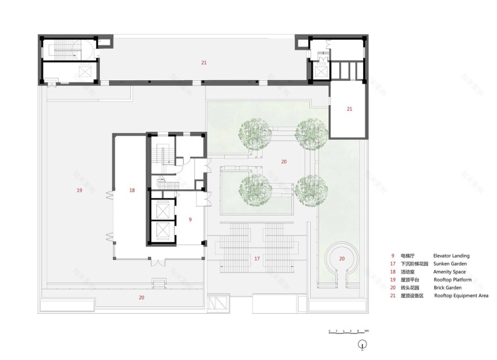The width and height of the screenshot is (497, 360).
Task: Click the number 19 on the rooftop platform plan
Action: click(x=79, y=190)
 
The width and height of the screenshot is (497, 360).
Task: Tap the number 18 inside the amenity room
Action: click(x=132, y=190)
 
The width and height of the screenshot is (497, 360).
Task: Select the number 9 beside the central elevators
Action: click(x=190, y=219)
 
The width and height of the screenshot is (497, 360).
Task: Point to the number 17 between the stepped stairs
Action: click(x=257, y=258)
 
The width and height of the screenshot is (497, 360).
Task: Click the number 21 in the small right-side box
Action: click(x=349, y=109)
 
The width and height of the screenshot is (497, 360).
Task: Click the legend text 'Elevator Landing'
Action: click(x=451, y=256)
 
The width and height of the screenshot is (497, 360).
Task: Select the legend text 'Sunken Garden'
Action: click(x=450, y=264)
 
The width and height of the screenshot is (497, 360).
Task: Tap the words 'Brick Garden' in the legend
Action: click(x=448, y=288)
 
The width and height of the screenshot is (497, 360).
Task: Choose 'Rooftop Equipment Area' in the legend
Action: click(x=461, y=296)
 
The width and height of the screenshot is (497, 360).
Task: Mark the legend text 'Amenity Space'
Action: click(x=450, y=272)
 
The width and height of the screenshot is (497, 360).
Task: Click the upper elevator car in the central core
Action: click(x=163, y=210)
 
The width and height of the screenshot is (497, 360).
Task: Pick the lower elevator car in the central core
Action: click(x=163, y=231)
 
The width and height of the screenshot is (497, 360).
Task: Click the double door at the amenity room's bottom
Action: click(x=156, y=262)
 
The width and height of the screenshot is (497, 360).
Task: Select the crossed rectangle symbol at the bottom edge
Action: click(x=219, y=304)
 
